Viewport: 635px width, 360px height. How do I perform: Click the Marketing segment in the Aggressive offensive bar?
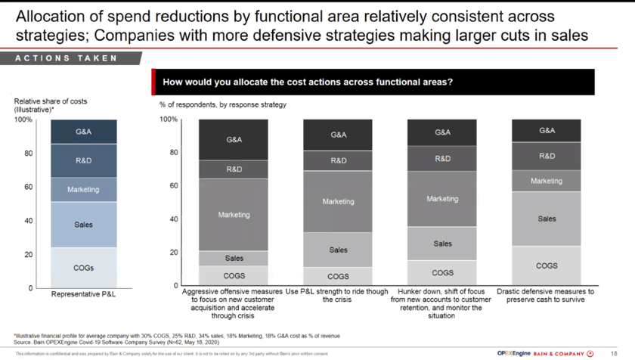234,215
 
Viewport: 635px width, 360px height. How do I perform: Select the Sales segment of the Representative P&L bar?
83,225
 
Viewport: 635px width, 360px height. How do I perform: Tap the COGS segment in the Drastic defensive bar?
547,266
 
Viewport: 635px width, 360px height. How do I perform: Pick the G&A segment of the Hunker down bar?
442,132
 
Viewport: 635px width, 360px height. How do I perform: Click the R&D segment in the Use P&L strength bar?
338,160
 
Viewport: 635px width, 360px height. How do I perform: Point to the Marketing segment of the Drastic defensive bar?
547,181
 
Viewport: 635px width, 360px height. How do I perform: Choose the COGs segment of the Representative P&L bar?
83,268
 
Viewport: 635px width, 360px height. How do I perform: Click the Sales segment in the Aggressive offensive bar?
234,259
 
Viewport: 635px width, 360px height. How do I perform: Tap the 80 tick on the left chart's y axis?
27,154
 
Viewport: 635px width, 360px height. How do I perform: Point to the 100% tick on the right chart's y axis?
169,119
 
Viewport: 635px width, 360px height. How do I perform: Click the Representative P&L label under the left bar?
83,294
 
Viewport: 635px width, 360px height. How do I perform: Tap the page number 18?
613,353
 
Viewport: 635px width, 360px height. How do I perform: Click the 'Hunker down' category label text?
442,303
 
